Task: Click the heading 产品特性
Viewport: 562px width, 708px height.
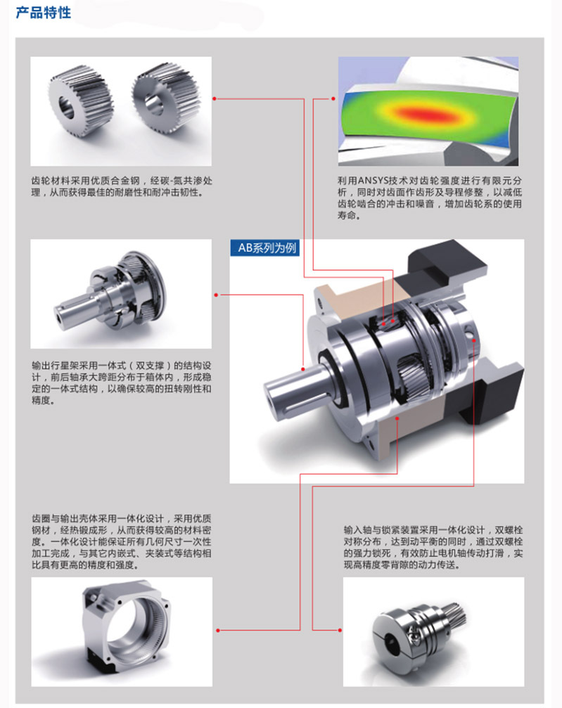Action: tap(44, 12)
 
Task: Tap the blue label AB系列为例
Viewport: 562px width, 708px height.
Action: tap(264, 247)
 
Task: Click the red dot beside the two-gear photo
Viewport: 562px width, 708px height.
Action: tap(215, 98)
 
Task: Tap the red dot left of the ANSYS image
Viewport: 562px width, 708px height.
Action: tap(333, 98)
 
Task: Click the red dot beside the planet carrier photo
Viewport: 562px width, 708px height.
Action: tap(216, 295)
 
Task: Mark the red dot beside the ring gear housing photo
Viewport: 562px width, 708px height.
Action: tap(218, 630)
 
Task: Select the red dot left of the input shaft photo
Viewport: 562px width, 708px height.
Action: tap(340, 630)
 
